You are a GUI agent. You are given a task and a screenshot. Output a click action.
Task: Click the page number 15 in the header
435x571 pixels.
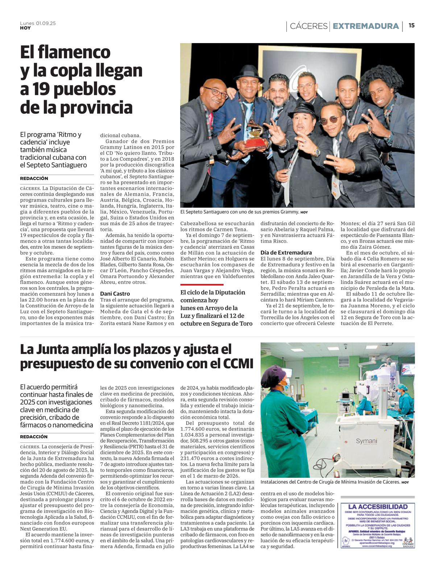(411, 25)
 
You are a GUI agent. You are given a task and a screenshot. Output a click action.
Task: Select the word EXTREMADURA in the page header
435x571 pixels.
(365, 26)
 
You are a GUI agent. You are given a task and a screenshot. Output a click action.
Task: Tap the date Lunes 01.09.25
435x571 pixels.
(38, 23)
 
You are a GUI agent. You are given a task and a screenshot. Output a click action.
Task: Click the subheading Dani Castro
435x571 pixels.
(115, 294)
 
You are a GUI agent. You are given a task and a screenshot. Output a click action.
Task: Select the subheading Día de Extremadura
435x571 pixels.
(286, 253)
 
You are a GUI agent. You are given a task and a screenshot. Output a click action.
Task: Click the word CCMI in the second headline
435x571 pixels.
(235, 363)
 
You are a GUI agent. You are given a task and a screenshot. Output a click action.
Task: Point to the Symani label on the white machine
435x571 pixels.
(366, 441)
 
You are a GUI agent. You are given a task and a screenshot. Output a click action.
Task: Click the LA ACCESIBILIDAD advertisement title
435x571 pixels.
(378, 506)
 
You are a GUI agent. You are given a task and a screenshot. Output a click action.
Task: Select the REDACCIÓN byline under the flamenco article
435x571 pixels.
(34, 178)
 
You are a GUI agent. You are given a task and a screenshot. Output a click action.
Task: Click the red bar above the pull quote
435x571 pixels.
(197, 285)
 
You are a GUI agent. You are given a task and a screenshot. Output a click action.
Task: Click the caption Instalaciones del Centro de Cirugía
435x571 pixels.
(330, 482)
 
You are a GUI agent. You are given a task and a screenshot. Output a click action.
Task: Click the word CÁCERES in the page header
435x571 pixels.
(308, 26)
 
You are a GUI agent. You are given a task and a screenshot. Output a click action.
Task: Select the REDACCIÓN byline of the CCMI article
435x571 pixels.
(34, 437)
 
